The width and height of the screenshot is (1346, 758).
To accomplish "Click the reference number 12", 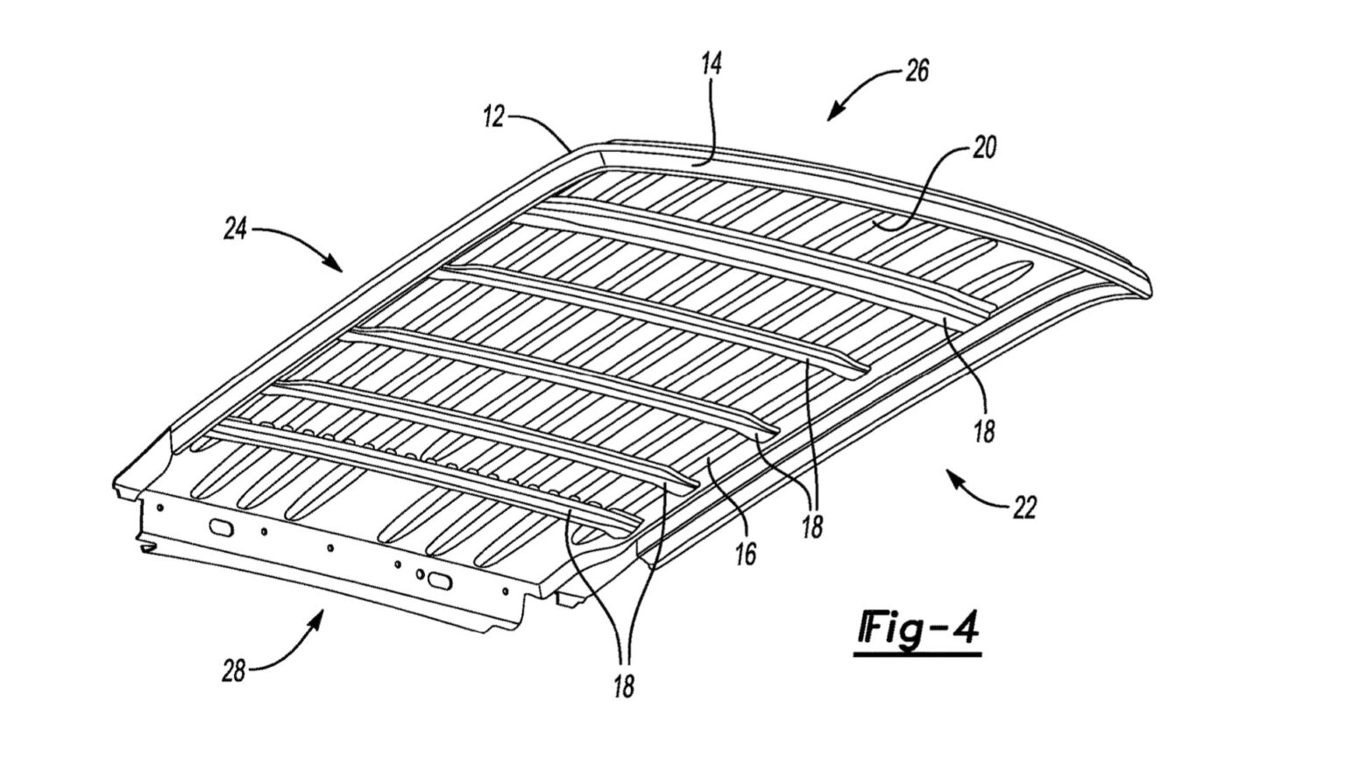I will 494,116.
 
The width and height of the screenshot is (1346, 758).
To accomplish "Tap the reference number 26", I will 917,70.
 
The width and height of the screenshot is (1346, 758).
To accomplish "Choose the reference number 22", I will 1024,507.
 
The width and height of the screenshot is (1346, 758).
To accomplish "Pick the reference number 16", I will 747,554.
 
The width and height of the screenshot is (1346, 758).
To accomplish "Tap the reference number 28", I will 233,671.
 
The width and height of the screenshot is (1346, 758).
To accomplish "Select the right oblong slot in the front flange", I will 436,579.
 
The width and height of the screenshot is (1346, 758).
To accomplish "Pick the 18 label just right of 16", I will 812,526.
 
